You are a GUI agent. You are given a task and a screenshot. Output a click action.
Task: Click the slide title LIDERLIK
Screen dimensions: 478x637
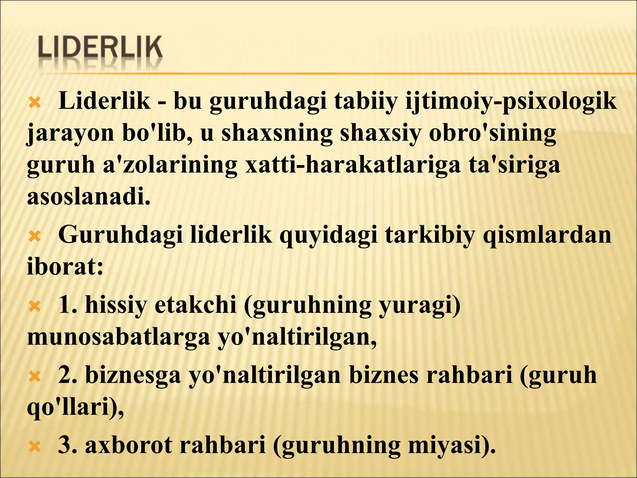[x=100, y=47]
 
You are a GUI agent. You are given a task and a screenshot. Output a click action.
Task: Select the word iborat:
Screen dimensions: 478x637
[x=65, y=267]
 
